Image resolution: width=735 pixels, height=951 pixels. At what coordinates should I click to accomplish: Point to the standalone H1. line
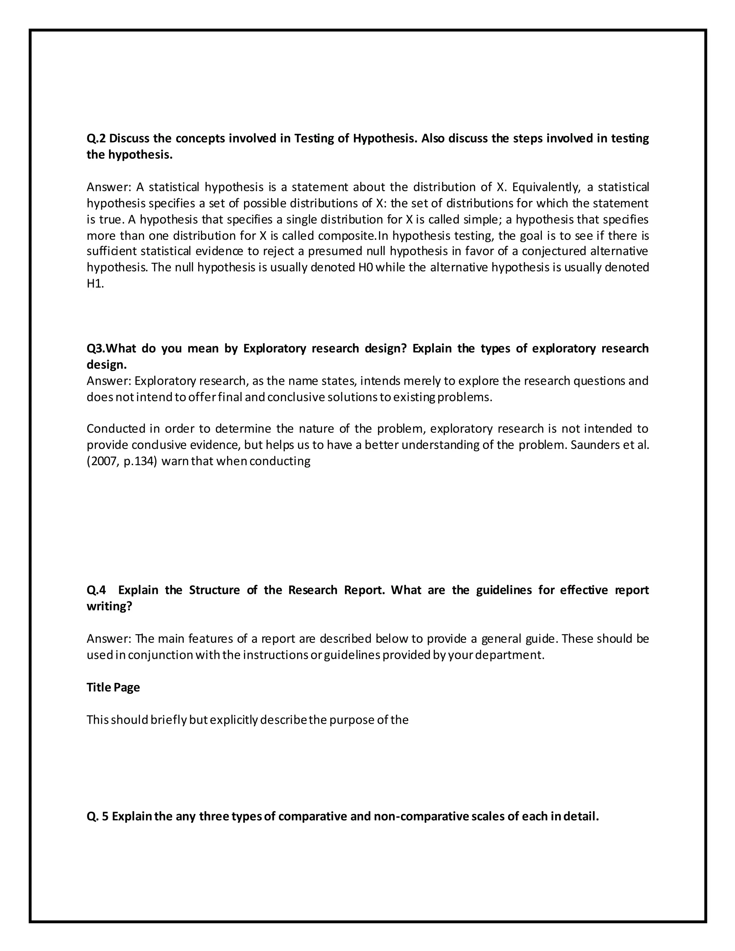coord(95,284)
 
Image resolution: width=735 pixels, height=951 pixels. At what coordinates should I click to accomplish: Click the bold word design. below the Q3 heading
coord(107,365)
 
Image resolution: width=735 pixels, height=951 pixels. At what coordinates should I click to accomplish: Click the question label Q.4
coord(96,590)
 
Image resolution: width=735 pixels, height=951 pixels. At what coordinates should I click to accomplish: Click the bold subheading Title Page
coord(113,687)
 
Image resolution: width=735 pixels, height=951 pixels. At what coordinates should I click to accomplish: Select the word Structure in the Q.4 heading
coord(214,590)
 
